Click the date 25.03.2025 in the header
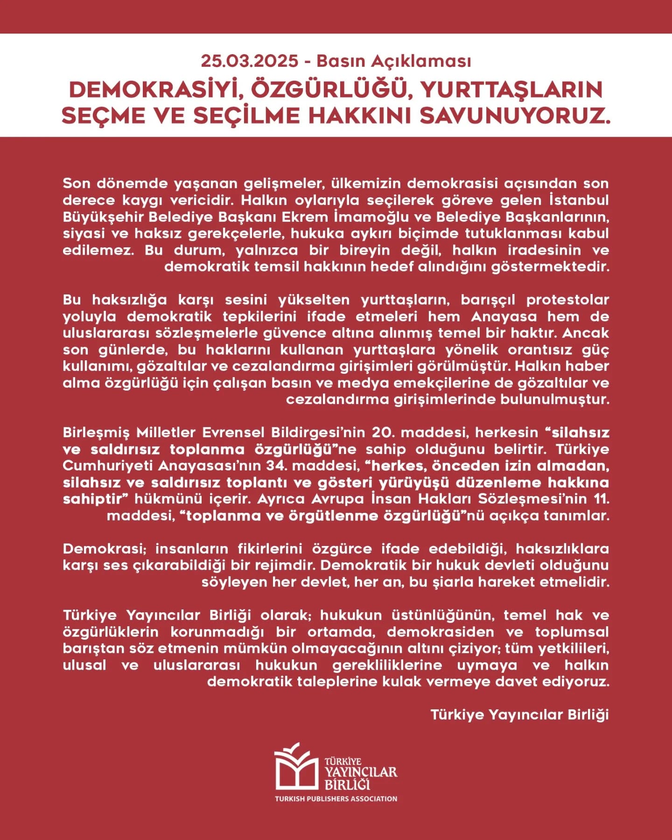(249, 61)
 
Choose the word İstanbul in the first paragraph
(579, 200)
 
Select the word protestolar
(567, 300)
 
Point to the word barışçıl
(488, 300)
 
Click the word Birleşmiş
(96, 433)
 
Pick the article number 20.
(381, 433)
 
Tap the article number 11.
(602, 499)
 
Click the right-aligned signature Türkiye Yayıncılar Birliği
(519, 715)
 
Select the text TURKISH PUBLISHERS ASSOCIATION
(336, 799)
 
